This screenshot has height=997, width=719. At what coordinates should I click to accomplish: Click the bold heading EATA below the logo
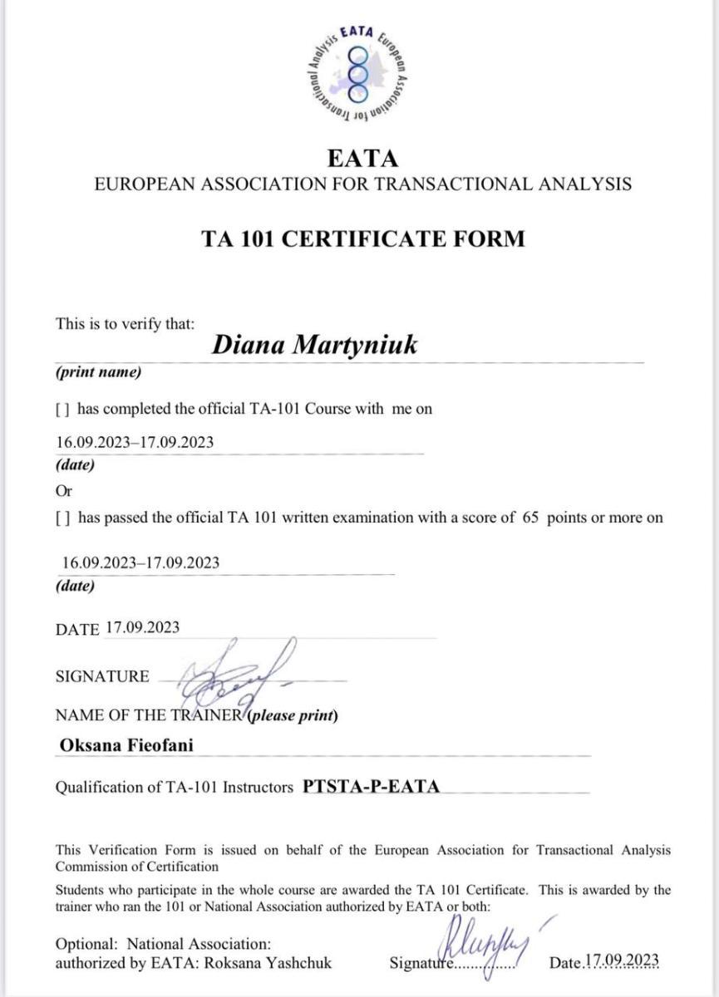click(363, 159)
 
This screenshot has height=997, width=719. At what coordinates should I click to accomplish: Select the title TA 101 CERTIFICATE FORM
click(363, 238)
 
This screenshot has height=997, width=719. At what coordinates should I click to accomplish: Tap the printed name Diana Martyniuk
click(315, 345)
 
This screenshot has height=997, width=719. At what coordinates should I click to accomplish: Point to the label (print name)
click(98, 372)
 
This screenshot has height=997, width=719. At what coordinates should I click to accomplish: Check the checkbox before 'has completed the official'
click(62, 409)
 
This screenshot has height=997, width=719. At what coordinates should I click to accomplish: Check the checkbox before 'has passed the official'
click(62, 518)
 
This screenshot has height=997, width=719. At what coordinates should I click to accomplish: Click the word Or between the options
click(63, 490)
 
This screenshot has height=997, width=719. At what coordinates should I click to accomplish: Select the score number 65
click(531, 518)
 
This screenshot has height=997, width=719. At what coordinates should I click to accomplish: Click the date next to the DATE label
click(142, 627)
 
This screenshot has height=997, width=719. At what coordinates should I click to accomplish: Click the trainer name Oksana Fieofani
click(126, 745)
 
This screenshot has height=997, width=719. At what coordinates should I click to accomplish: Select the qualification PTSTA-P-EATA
click(371, 786)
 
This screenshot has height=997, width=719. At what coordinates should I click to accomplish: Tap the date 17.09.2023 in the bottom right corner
click(622, 962)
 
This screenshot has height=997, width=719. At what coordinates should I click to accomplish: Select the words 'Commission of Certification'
click(137, 867)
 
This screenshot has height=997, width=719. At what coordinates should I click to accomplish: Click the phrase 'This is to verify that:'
click(125, 324)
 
